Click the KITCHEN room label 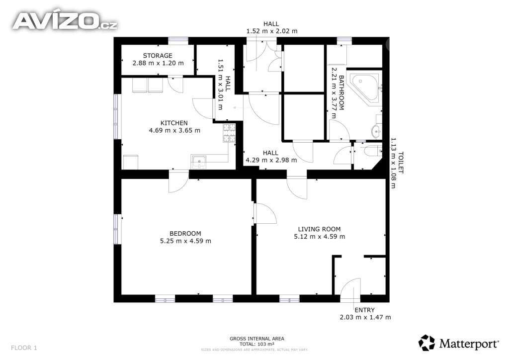click(174, 123)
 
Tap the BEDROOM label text click(185, 233)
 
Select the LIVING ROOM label click(320, 229)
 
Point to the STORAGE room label click(158, 56)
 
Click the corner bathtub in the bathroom click(365, 87)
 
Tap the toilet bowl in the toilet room click(372, 151)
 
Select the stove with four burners click(229, 133)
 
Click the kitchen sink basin click(199, 161)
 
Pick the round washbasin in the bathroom click(376, 131)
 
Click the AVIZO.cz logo click(65, 21)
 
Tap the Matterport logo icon click(426, 343)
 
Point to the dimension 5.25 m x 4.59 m click(186, 241)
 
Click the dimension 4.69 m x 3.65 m click(174, 130)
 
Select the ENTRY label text click(364, 310)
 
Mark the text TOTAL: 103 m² click(257, 344)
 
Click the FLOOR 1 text click(24, 348)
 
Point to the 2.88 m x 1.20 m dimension click(158, 63)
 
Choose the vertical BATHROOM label click(341, 93)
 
